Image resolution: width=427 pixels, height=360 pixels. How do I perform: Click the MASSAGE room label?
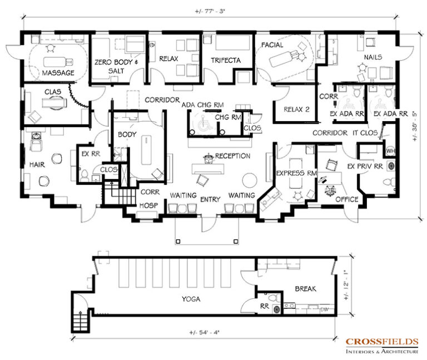[x=58, y=73]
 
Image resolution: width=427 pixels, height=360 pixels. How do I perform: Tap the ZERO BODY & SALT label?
[x=116, y=67]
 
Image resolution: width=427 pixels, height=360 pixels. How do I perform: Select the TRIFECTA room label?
[x=226, y=60]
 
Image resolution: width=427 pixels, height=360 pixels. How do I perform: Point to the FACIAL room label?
[x=272, y=45]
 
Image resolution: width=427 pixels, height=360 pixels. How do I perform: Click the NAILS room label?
[x=373, y=57]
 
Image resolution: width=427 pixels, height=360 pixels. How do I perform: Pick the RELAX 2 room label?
[x=296, y=109]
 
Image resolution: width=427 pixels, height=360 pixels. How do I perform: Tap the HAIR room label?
[x=37, y=164]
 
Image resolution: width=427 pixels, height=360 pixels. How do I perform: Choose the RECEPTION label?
[x=232, y=156]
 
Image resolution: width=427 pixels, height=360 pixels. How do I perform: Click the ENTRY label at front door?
[x=210, y=199]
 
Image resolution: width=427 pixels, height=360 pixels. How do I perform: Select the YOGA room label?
[x=191, y=299]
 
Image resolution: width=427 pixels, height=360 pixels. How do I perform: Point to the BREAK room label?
[x=306, y=288]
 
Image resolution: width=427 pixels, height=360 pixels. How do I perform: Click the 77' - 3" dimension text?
[x=210, y=12]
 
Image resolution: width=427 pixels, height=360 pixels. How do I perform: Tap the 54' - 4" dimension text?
[x=204, y=332]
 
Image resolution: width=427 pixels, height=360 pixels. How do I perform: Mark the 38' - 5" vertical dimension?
[x=414, y=126]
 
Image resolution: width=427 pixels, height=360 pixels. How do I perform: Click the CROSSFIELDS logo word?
[x=382, y=342]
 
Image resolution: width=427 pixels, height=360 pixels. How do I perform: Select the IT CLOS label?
[x=365, y=133]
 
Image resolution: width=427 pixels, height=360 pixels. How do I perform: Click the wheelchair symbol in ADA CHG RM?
[x=202, y=123]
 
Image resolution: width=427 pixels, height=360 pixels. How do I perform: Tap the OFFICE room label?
[x=347, y=199]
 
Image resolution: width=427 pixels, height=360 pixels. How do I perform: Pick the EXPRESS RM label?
[x=296, y=173]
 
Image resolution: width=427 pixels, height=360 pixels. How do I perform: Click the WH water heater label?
[x=390, y=151]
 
